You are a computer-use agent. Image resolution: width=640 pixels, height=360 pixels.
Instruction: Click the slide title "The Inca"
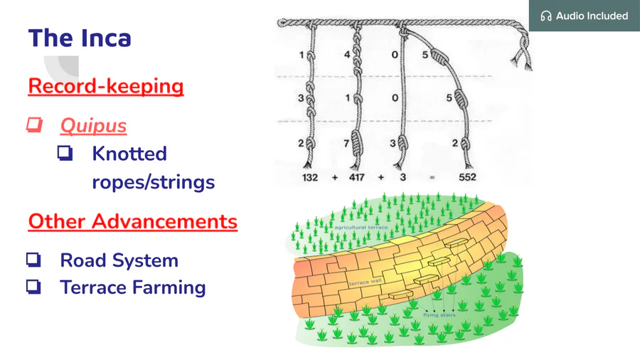tap(80, 38)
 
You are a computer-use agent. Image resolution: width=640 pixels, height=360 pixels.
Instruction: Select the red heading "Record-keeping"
tap(106, 86)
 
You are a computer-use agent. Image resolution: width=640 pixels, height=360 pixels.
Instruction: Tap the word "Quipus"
tap(93, 126)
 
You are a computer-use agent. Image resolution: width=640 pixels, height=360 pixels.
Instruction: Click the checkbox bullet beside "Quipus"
tap(34, 125)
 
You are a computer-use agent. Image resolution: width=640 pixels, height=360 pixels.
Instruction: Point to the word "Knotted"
tap(129, 154)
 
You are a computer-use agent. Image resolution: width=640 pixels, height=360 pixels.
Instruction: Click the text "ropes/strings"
tap(153, 182)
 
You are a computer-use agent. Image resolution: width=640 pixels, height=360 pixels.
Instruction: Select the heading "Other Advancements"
tap(133, 221)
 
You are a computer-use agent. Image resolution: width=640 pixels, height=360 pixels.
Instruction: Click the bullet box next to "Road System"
tap(33, 260)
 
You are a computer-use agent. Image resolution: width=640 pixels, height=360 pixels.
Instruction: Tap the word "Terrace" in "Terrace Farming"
tap(93, 287)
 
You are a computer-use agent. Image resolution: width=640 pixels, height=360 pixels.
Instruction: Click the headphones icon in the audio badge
tap(545, 16)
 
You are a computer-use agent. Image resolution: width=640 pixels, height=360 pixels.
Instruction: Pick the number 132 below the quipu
tap(310, 178)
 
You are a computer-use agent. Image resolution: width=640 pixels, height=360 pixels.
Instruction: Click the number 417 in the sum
tap(357, 178)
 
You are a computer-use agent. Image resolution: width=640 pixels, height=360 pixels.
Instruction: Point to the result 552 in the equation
tap(467, 177)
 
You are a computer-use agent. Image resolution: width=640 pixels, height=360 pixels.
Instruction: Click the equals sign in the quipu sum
tap(432, 178)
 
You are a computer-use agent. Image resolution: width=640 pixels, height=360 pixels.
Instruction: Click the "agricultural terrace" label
tap(361, 228)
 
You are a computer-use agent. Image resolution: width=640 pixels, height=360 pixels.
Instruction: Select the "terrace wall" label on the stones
tap(366, 282)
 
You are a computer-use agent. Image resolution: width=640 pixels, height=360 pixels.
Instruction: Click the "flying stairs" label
tap(439, 314)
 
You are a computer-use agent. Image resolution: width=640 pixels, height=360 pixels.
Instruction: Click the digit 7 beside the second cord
tap(346, 143)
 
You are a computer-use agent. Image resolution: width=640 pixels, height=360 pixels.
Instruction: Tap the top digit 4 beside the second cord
tap(347, 54)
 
